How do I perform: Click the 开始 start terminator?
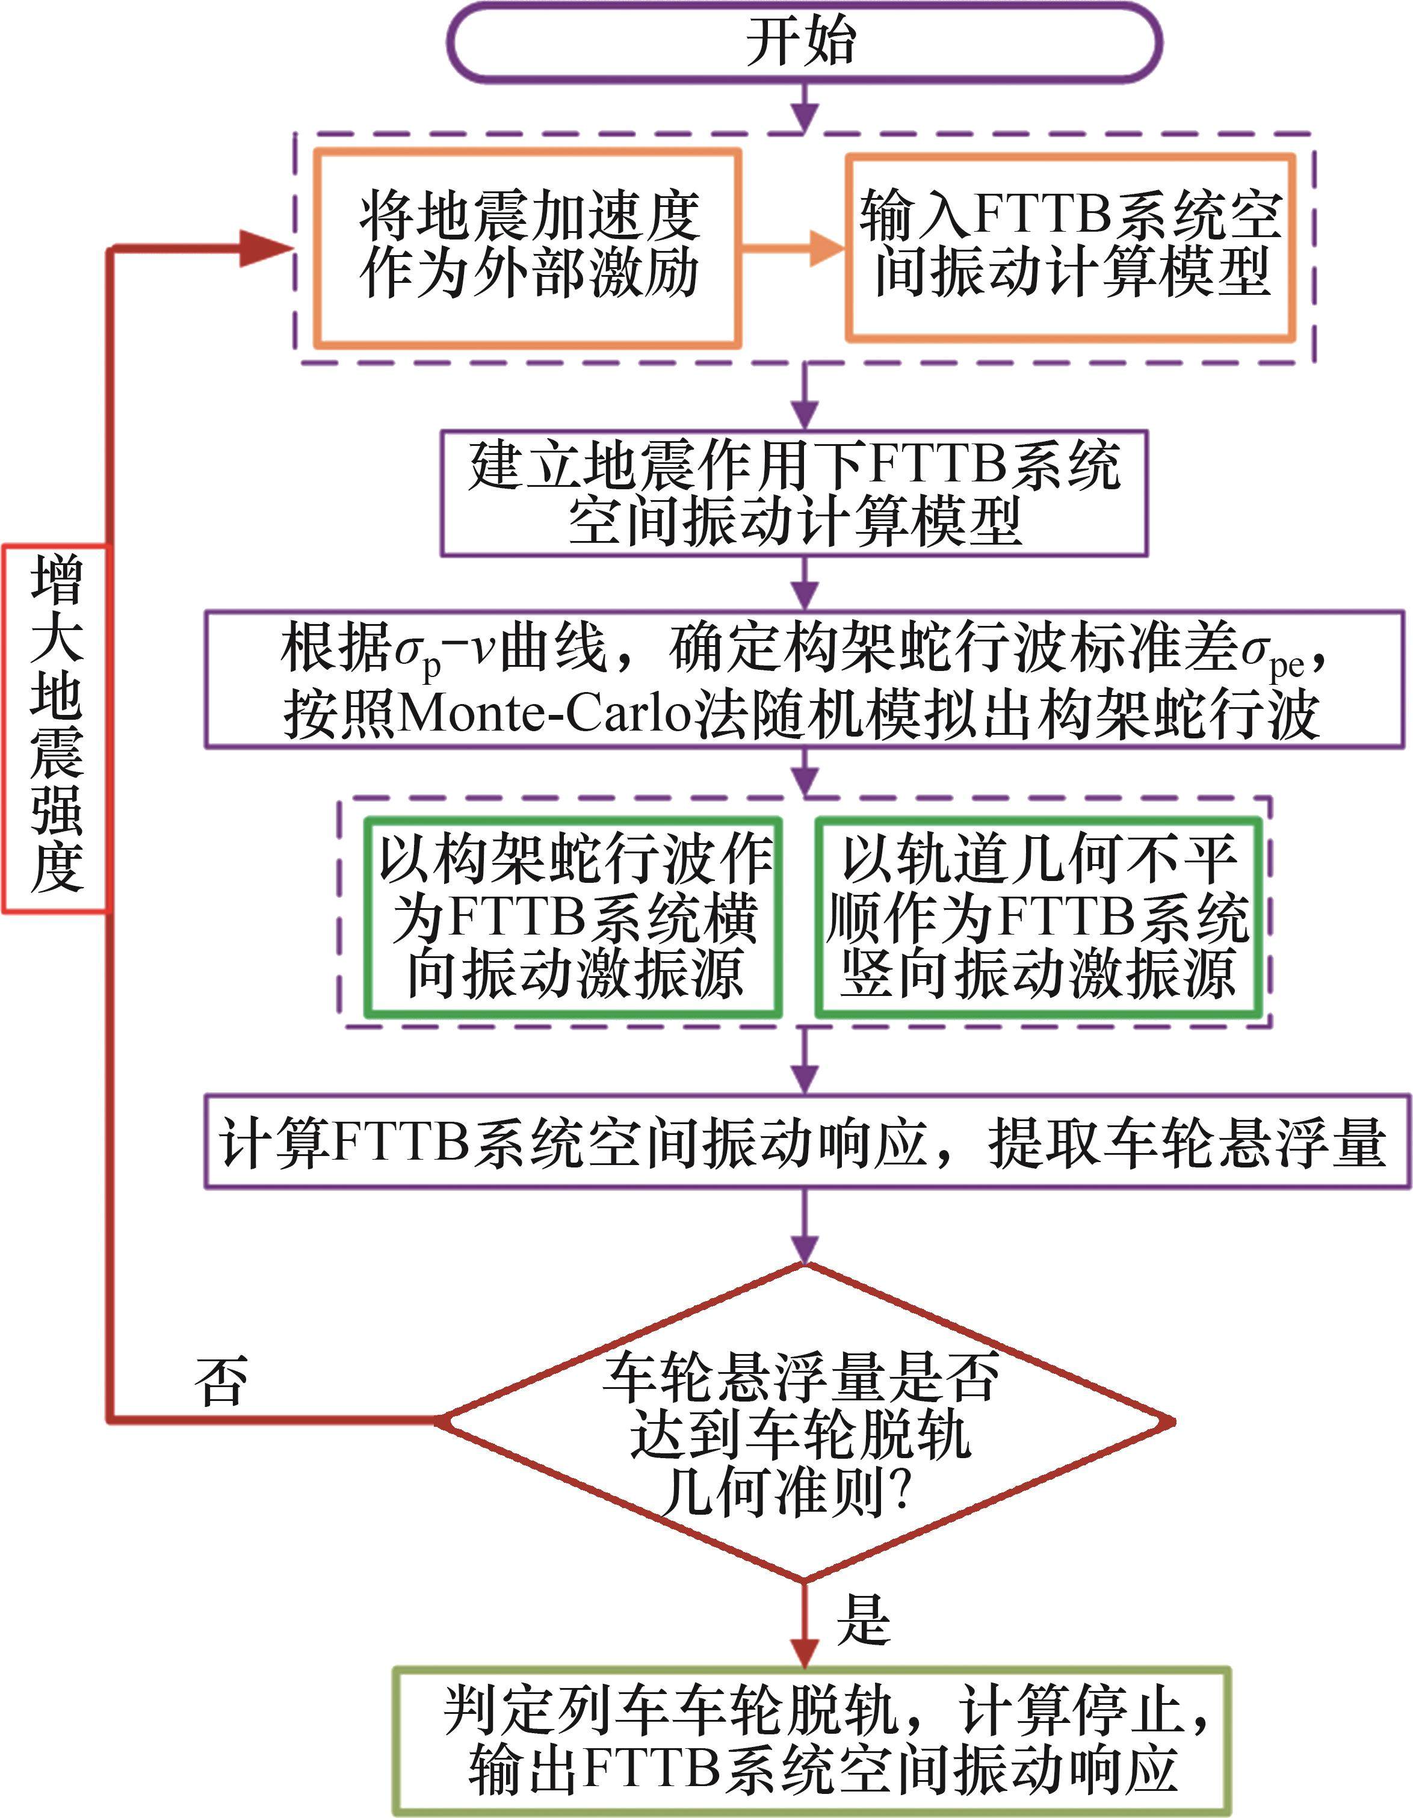(803, 42)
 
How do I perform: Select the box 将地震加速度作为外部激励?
(528, 247)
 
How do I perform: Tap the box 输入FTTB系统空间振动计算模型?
(1071, 247)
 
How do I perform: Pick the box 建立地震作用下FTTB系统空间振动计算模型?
(794, 493)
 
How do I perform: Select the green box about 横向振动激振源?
(573, 917)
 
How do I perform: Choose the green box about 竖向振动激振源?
(1038, 917)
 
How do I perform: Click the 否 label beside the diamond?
(221, 1381)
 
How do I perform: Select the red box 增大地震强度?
(56, 728)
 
